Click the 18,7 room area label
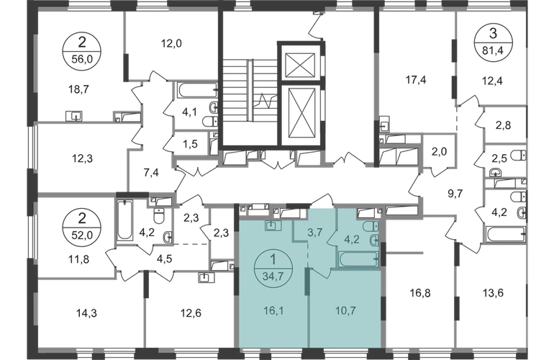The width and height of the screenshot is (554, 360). (x=78, y=89)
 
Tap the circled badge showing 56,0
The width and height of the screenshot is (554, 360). (x=82, y=52)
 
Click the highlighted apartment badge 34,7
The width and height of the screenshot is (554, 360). (x=273, y=269)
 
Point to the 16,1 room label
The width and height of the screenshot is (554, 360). (x=274, y=311)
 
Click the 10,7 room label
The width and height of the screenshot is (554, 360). (x=345, y=311)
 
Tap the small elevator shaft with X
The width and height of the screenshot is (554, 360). (x=300, y=65)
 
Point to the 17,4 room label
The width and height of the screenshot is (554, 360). (x=416, y=80)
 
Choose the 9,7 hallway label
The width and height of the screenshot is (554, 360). (x=455, y=194)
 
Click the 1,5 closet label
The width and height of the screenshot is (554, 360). (x=190, y=144)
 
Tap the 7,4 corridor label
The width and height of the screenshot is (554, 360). (x=151, y=173)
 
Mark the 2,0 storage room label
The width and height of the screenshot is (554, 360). (x=439, y=152)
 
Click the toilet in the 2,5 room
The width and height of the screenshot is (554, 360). (x=519, y=155)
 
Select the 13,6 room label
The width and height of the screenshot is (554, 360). (x=493, y=293)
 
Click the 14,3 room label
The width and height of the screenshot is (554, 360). (x=86, y=313)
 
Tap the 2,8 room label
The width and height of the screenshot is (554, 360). (x=503, y=125)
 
